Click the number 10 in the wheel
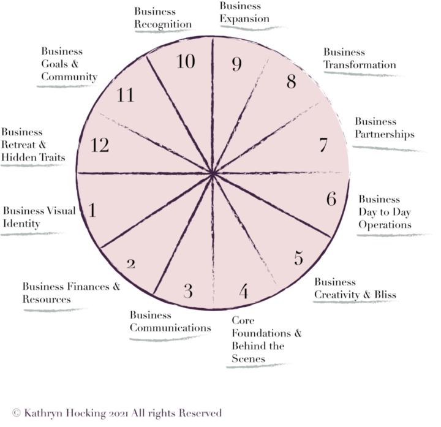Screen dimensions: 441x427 coord(186,61)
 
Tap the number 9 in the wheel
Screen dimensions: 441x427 coord(237,64)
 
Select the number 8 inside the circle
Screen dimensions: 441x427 coord(292,81)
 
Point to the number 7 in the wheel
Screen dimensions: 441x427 coord(323,145)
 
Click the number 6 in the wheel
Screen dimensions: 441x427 coord(331,199)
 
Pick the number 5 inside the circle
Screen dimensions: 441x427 coord(299,258)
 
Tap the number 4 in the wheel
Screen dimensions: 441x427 coord(244,291)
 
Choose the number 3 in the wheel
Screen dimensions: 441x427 coord(188,291)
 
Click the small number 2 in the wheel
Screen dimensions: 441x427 coord(131,264)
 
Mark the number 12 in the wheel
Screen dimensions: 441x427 coord(100,145)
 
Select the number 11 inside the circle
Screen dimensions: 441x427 coord(125,95)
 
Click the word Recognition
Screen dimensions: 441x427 coord(163,24)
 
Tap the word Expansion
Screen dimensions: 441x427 coord(244,19)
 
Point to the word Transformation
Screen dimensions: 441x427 coord(360,65)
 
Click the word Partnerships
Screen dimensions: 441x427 coord(385,134)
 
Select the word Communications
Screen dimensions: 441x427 coord(170,328)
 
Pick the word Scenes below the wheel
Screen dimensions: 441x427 coord(248,358)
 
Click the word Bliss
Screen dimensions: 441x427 coord(385,295)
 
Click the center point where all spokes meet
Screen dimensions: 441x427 coord(213,174)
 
